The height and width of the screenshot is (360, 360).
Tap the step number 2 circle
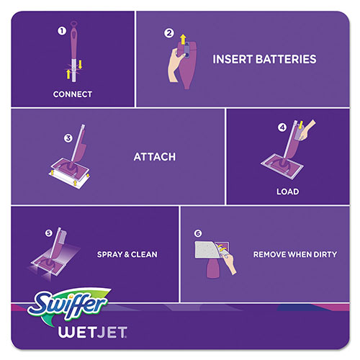169,32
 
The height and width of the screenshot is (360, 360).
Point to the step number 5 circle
49,233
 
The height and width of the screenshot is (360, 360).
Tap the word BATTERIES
284,59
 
